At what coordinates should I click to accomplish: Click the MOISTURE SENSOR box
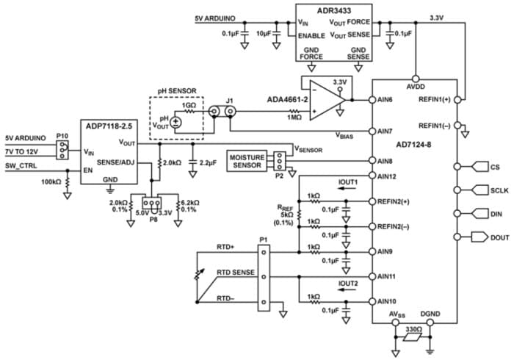pos(247,162)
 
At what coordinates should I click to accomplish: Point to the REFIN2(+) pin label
pos(397,201)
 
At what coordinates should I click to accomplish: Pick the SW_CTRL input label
pos(23,167)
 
